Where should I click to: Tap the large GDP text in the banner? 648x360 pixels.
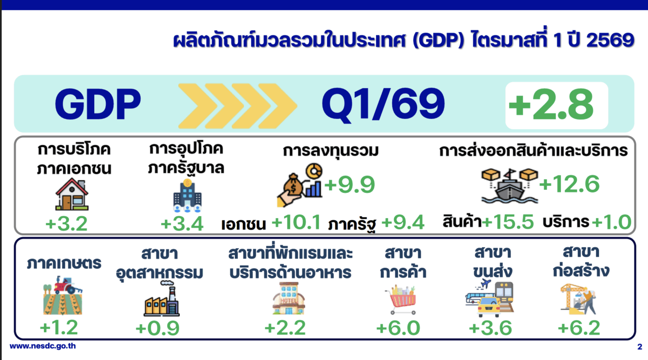coord(98,104)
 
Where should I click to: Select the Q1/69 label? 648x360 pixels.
coord(383,105)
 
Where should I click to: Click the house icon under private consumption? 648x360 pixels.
coord(72,194)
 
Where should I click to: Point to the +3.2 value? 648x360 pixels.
coord(66,224)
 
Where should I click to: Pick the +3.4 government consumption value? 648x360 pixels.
coord(182,224)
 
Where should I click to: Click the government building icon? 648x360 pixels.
coord(187,195)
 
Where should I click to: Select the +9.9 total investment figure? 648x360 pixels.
coord(349,184)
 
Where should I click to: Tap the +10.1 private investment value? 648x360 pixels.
coord(296,222)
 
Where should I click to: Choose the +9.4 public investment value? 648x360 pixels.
coord(402,223)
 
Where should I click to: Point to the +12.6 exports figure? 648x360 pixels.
coord(570,184)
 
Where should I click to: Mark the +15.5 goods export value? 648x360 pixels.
coord(508,222)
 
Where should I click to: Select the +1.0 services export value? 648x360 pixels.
coord(611,222)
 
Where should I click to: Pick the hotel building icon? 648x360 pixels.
coord(289,299)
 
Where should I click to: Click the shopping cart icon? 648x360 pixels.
coord(400,300)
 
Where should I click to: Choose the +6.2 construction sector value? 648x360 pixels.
coord(579,328)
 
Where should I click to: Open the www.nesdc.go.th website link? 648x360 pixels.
coord(43,346)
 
